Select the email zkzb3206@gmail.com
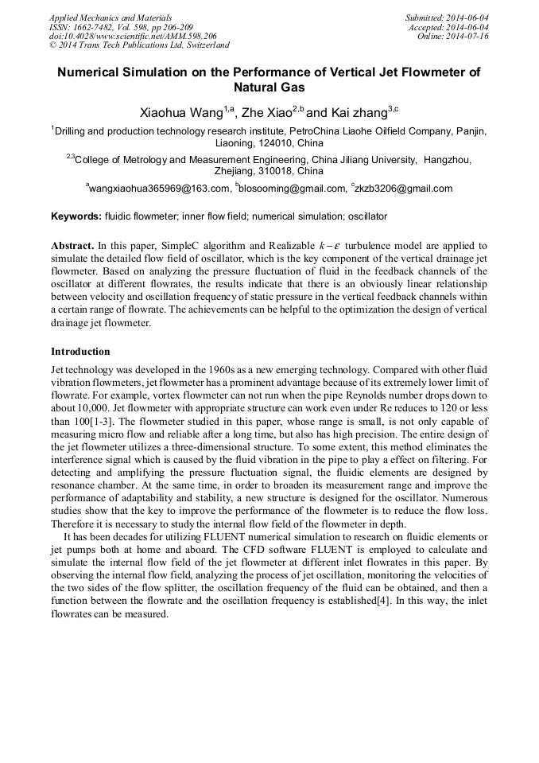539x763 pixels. click(405, 189)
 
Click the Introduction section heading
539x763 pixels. click(80, 351)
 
